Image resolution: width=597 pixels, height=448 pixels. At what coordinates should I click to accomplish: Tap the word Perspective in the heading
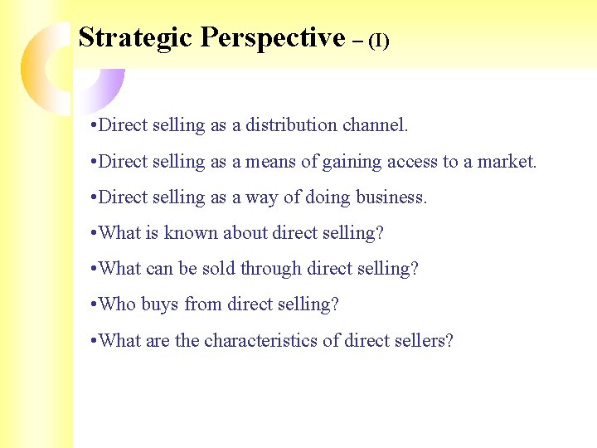tap(273, 37)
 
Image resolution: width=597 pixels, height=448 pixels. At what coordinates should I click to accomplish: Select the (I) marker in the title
tap(378, 41)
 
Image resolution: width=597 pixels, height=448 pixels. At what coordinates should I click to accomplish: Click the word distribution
tap(294, 126)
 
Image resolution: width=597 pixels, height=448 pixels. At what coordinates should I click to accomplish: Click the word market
tap(507, 162)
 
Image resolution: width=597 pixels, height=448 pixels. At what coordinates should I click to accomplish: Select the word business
tap(391, 198)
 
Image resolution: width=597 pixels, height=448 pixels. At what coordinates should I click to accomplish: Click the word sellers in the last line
tap(424, 341)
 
